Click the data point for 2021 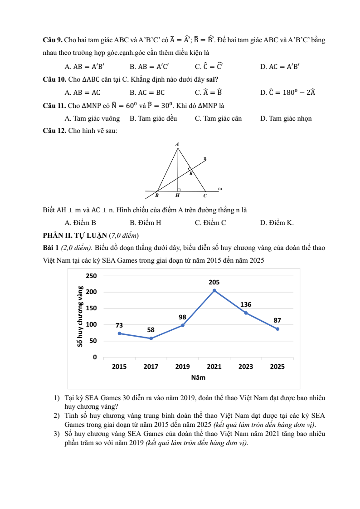(214, 290)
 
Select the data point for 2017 (151, 338)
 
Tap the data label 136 (246, 304)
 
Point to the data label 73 (119, 325)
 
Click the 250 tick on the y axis (92, 276)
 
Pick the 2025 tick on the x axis (277, 367)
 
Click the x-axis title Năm (198, 377)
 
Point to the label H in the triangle (177, 196)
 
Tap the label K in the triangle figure (191, 174)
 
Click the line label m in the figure (220, 188)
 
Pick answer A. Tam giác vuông (92, 118)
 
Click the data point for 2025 (277, 329)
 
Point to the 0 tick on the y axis (95, 357)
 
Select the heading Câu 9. (51, 40)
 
